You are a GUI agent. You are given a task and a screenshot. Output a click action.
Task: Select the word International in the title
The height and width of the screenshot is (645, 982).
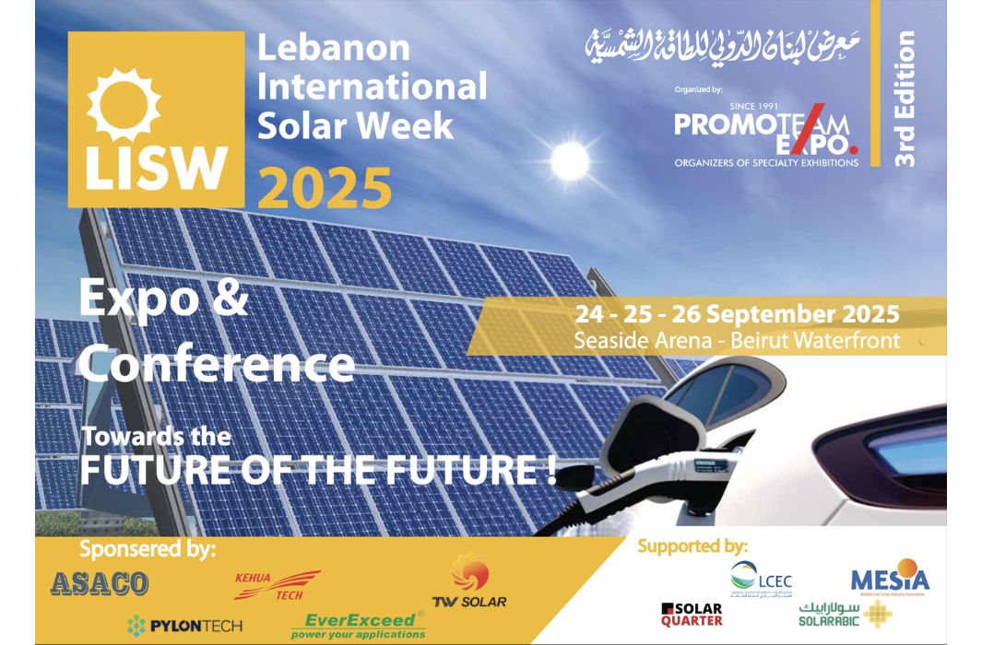pyautogui.click(x=372, y=86)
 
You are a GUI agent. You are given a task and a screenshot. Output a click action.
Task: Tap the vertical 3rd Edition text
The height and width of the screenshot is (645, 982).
pyautogui.click(x=905, y=99)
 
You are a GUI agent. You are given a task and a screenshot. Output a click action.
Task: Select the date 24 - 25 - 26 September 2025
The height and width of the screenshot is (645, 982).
pyautogui.click(x=736, y=313)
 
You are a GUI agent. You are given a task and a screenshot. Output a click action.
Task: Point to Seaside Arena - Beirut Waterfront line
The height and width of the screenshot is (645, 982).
pyautogui.click(x=736, y=340)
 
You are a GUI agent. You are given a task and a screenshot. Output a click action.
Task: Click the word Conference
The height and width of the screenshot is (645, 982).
pyautogui.click(x=217, y=364)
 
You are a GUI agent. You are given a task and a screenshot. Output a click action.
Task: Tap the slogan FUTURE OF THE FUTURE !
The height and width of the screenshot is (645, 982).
pyautogui.click(x=318, y=468)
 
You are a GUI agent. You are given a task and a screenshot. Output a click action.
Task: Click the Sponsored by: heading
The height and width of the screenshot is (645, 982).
pyautogui.click(x=148, y=550)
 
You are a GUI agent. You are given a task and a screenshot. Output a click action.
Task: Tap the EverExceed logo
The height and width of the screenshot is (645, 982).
pyautogui.click(x=358, y=626)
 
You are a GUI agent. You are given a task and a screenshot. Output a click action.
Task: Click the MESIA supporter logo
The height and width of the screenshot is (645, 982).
pyautogui.click(x=890, y=580)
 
